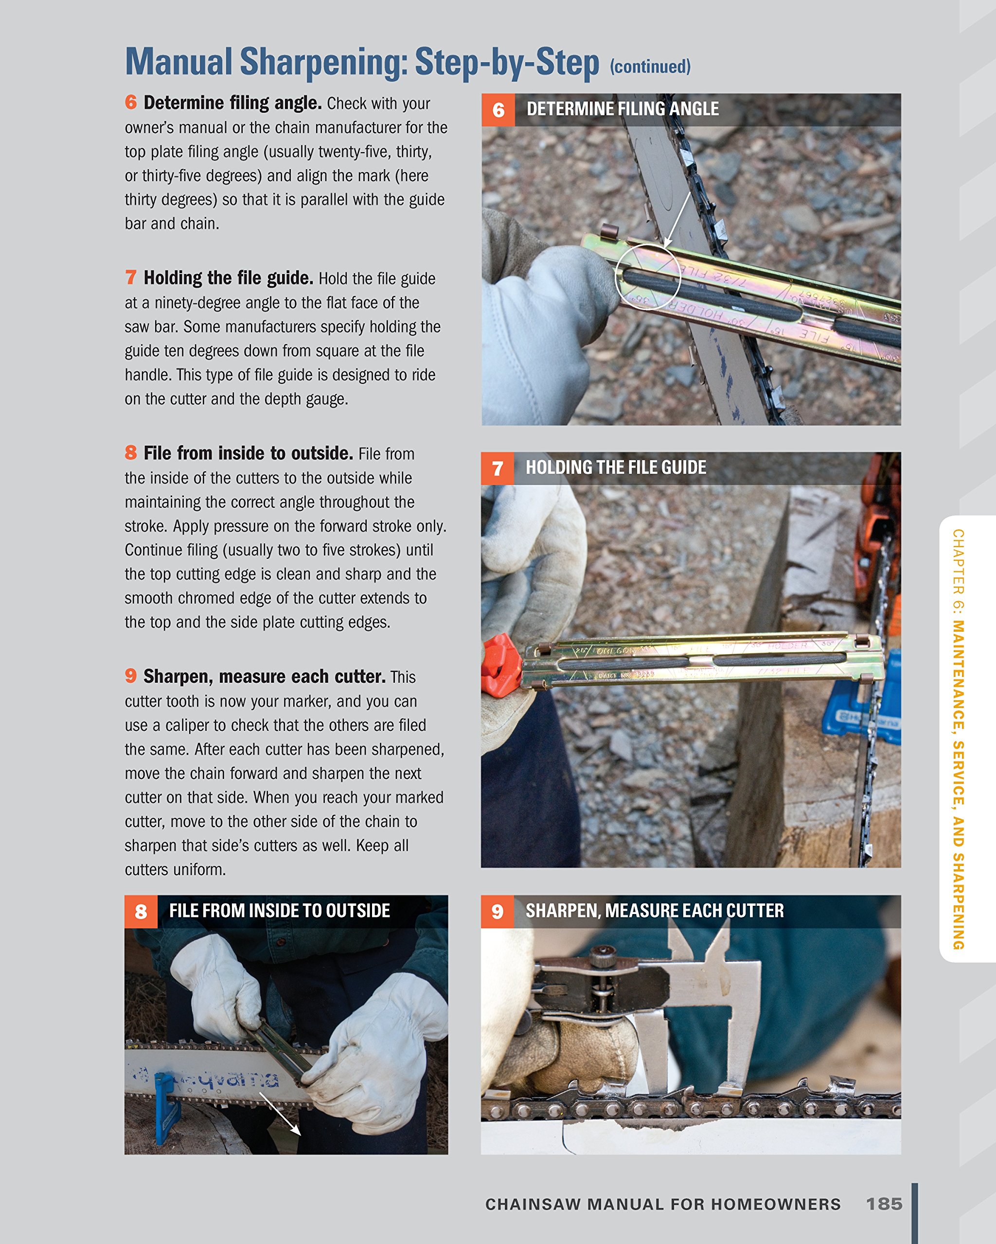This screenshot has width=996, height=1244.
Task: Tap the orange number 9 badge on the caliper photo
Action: pos(497,912)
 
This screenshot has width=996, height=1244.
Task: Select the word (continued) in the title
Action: pos(650,67)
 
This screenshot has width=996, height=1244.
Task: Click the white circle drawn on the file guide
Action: pos(647,277)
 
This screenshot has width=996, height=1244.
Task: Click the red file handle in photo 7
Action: pos(501,665)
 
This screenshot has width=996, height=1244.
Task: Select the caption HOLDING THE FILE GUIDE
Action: pos(616,467)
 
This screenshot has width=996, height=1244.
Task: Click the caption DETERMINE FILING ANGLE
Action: pos(622,109)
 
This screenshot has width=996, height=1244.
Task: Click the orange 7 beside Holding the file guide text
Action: pos(131,277)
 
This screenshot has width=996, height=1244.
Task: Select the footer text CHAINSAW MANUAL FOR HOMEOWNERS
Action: pos(662,1204)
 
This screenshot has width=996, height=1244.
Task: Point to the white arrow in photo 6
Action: pos(678,221)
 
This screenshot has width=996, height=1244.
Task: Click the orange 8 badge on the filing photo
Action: pos(141,912)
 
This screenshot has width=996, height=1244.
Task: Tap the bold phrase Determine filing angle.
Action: pos(232,103)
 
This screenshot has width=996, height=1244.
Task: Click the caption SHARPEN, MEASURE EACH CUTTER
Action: pos(654,911)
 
